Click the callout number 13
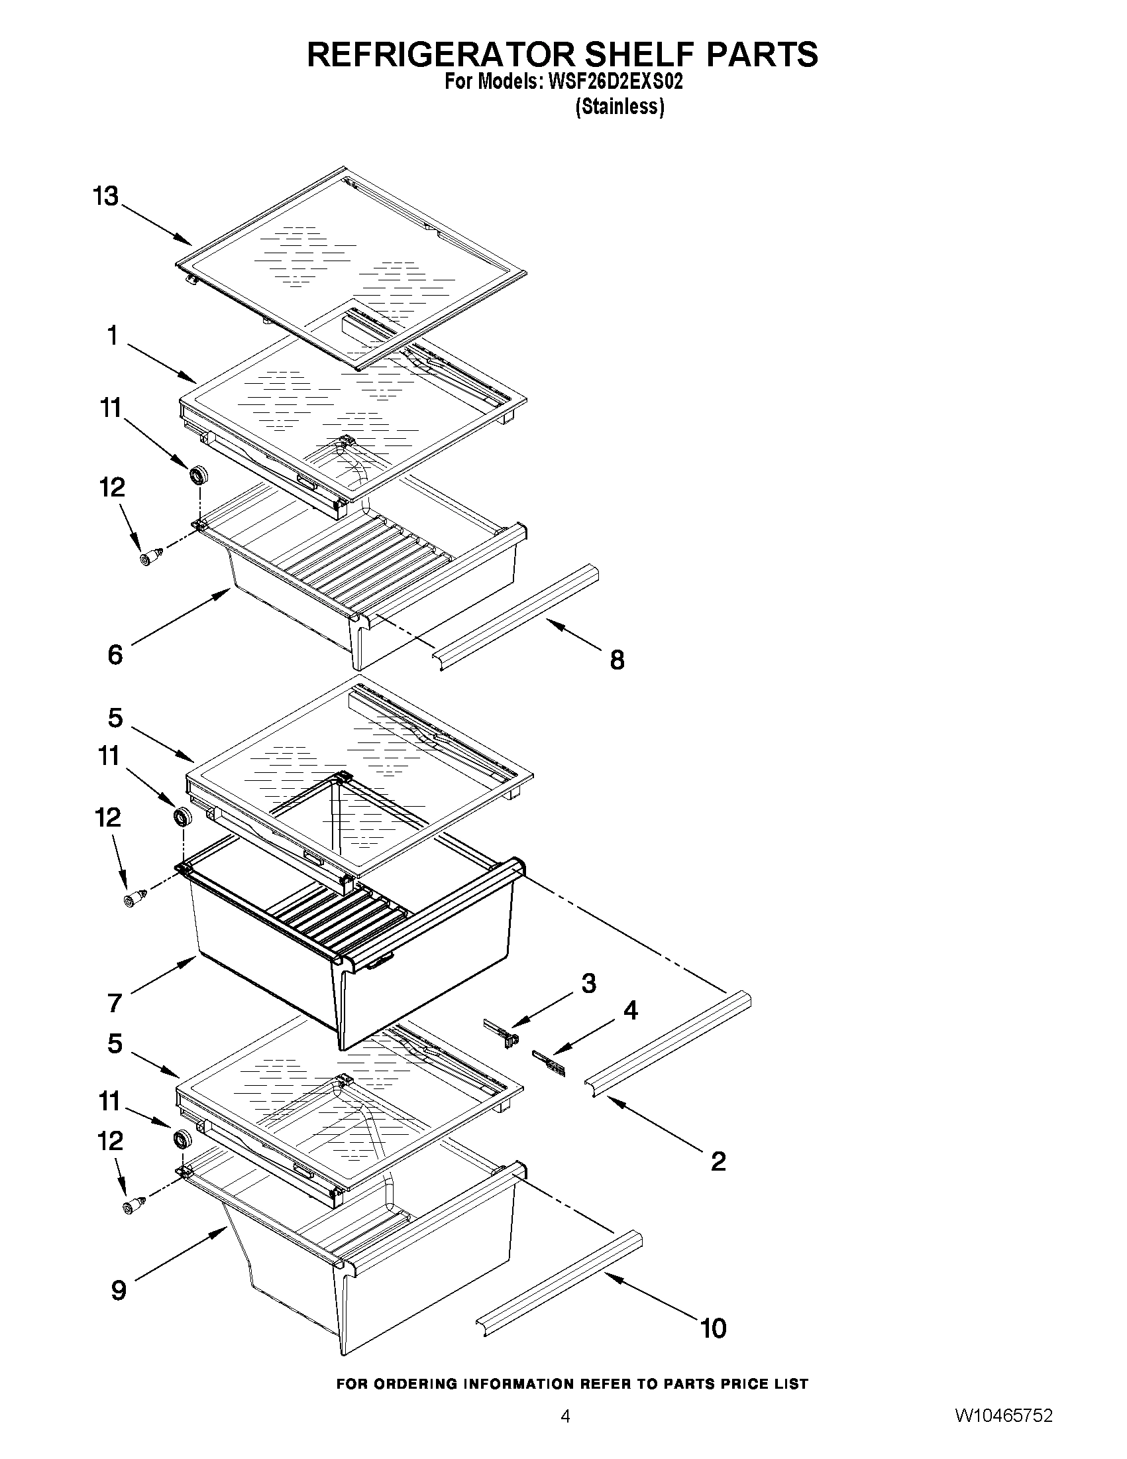click(x=105, y=197)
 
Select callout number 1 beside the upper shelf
click(x=113, y=335)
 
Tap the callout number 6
click(x=115, y=655)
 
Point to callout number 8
click(x=617, y=660)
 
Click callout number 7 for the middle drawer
click(x=115, y=1003)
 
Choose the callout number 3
click(x=588, y=983)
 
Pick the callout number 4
click(x=630, y=1011)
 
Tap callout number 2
click(x=718, y=1162)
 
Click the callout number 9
click(x=118, y=1290)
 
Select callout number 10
click(x=713, y=1328)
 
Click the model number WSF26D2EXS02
click(x=615, y=82)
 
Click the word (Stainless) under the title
click(x=619, y=107)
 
